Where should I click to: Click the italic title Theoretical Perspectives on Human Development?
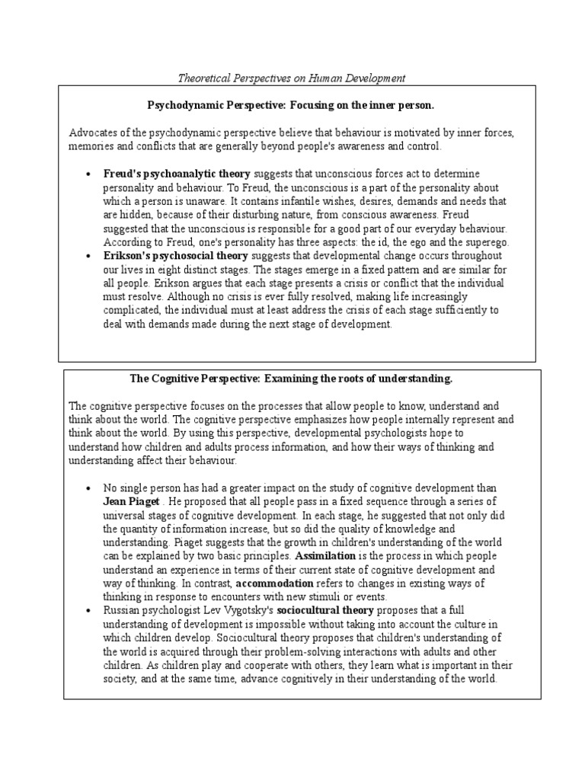(x=292, y=78)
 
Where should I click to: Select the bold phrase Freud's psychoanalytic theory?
(x=177, y=174)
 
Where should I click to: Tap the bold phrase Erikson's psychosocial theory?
(x=176, y=256)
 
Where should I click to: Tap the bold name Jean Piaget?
(x=132, y=502)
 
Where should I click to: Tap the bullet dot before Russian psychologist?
(x=88, y=611)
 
